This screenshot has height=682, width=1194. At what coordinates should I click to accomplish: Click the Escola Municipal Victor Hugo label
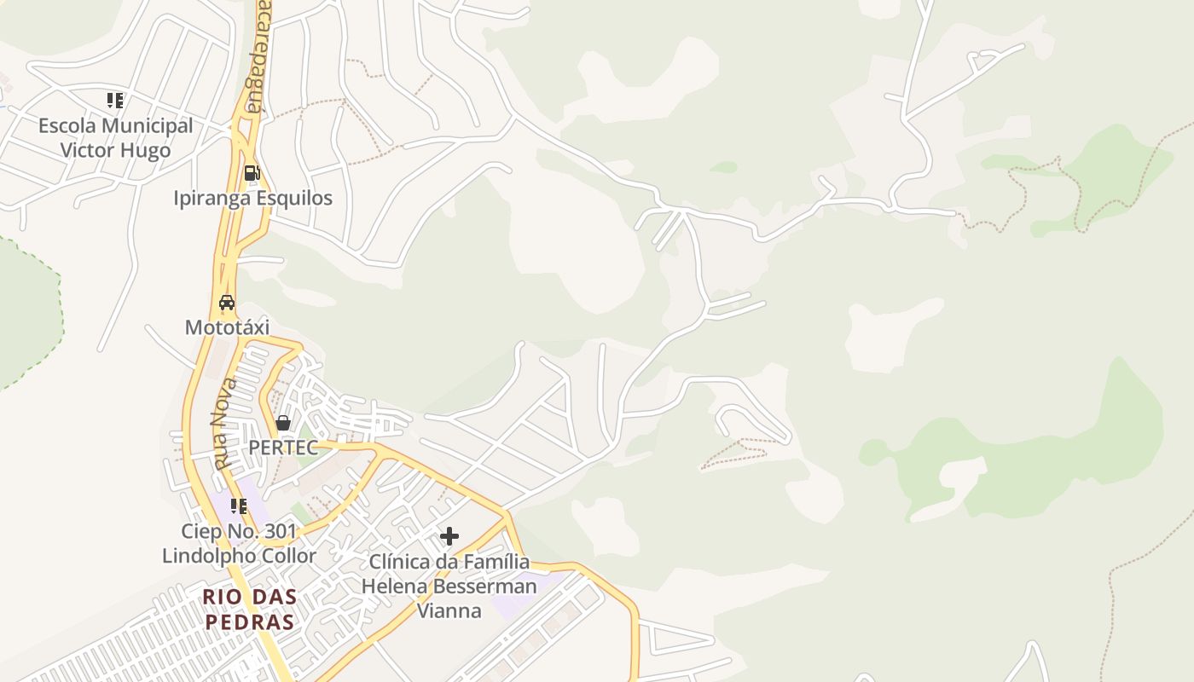(115, 138)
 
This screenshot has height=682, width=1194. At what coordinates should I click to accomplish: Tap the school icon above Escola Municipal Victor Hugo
(115, 101)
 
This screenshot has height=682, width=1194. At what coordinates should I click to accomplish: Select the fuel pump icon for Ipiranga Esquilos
(252, 173)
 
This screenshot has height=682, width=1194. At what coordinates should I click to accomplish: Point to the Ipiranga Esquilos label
(252, 198)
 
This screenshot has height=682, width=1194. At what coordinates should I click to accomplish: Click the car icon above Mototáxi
(227, 303)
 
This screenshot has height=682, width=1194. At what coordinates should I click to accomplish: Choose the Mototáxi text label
(227, 327)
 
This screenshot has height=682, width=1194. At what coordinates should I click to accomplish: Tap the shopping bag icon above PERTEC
(283, 422)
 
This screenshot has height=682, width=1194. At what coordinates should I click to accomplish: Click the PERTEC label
(283, 448)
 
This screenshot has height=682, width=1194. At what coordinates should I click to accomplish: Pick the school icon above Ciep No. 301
(239, 506)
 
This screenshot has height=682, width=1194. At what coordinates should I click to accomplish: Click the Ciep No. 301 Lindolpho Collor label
(240, 544)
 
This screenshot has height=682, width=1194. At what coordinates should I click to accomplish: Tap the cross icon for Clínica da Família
(449, 536)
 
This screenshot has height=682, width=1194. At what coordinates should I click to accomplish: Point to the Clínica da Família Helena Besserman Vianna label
(449, 587)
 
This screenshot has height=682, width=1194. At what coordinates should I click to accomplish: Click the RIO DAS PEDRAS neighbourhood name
(250, 609)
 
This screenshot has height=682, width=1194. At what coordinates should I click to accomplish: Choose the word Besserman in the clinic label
(484, 587)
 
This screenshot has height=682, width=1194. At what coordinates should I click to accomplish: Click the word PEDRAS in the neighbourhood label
(250, 621)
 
